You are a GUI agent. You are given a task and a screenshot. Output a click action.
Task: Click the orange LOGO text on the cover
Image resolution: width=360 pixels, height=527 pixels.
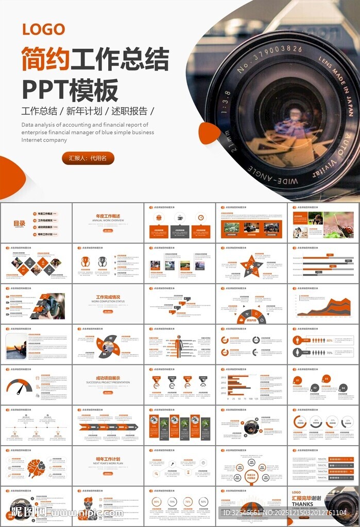pos(43,29)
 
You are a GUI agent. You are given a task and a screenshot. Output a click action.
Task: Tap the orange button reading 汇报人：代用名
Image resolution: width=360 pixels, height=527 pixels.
pos(88,159)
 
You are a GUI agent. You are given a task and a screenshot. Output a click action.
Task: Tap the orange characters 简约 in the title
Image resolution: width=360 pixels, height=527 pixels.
pos(45,59)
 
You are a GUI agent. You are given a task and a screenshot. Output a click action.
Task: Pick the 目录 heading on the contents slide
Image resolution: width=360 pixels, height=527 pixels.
pos(19,223)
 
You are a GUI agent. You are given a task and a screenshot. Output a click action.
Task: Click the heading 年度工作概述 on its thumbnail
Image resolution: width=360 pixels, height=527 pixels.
pos(108,216)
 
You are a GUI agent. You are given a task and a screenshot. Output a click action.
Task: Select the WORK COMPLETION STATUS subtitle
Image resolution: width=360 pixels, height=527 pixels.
pos(108,302)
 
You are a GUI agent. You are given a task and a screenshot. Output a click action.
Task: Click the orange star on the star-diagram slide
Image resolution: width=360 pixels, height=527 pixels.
pos(251,266)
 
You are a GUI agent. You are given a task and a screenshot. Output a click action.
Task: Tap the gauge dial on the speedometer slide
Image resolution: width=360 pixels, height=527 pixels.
pos(19,387)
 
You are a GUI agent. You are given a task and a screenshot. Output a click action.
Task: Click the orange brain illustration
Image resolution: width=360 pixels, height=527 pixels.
pos(36,467)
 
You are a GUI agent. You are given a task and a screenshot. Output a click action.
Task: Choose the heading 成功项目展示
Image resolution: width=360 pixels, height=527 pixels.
pos(108,378)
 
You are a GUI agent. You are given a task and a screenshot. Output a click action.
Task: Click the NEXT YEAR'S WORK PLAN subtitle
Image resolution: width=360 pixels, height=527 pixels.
pos(108,463)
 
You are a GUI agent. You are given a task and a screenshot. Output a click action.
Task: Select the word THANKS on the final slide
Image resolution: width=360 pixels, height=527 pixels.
pos(302,504)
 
